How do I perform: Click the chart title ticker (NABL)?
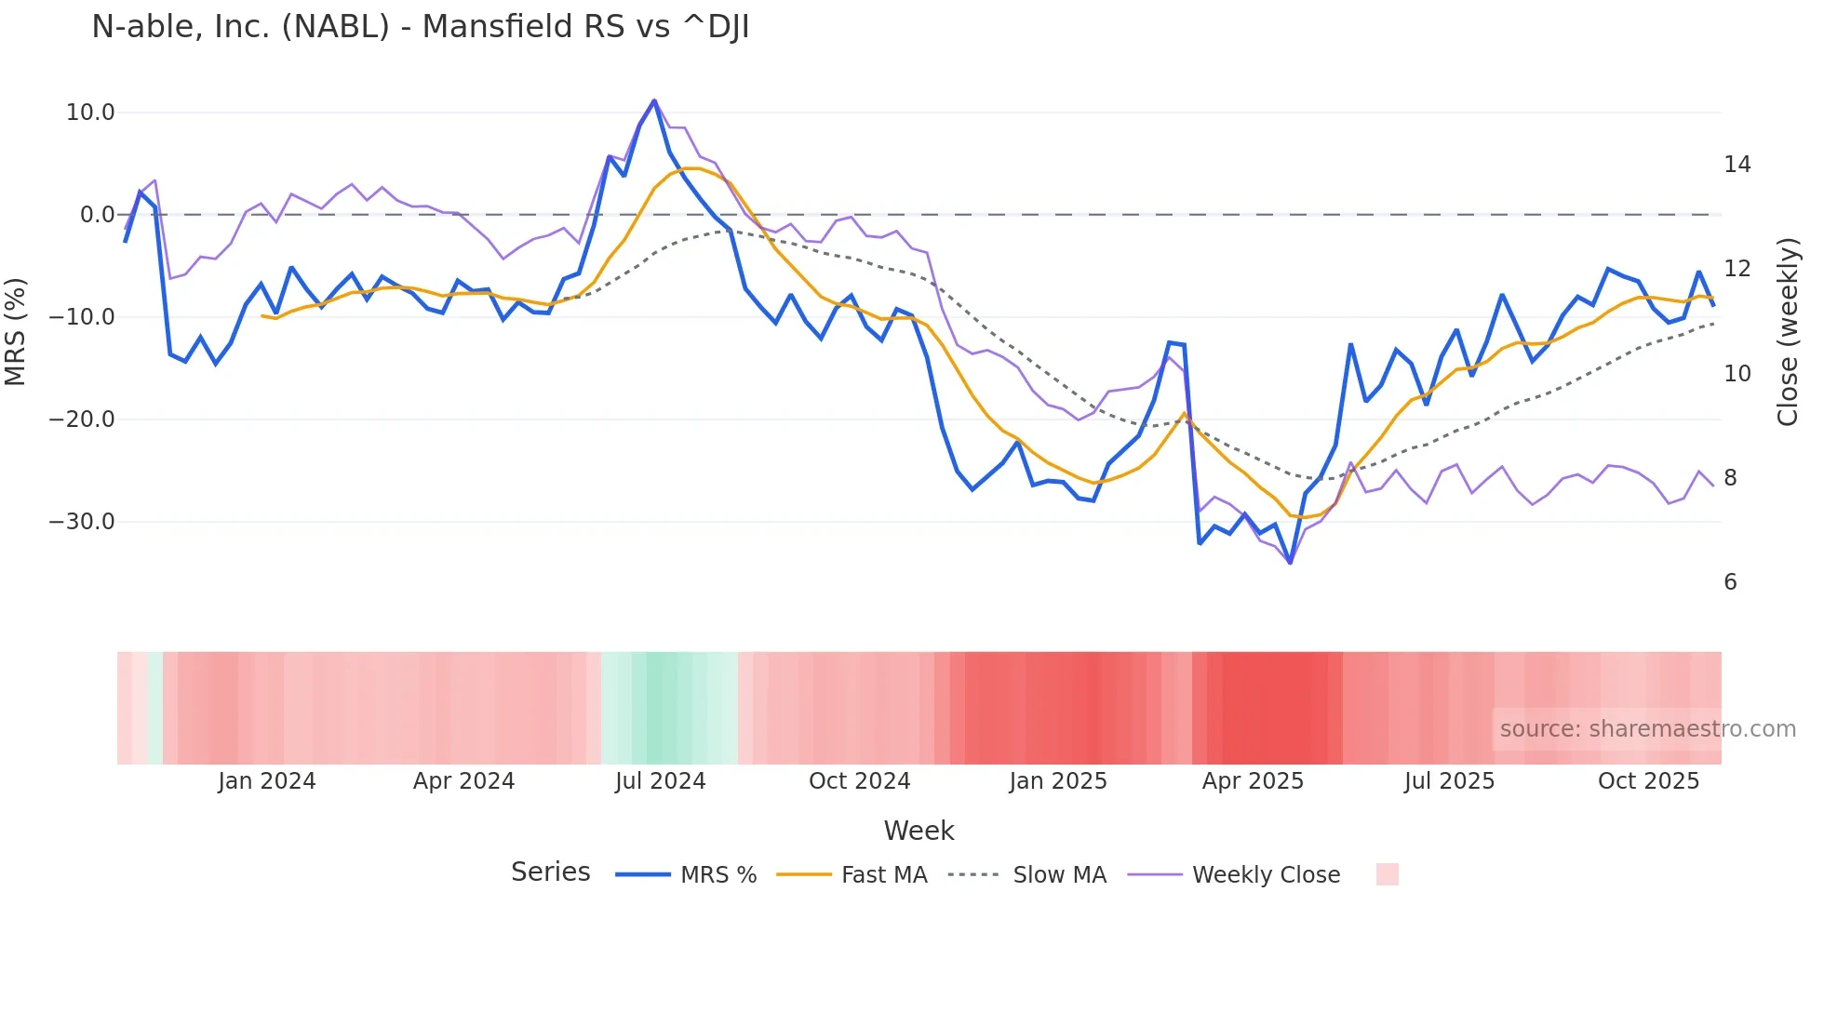[336, 27]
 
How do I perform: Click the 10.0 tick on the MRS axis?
[90, 113]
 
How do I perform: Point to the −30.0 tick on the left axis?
[82, 522]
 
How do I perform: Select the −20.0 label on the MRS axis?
[82, 419]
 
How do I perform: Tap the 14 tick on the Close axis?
[1737, 165]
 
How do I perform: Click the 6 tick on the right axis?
[1730, 582]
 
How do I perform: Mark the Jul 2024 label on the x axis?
[661, 781]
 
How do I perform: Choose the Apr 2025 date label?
[1253, 781]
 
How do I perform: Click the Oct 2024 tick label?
[859, 781]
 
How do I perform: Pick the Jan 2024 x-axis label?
[267, 781]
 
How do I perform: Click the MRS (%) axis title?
[16, 331]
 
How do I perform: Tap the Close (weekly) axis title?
[1788, 332]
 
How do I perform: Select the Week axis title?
[919, 831]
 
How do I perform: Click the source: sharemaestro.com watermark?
[1647, 729]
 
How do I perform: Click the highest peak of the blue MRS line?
[654, 100]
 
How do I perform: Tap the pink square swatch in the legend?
[1387, 874]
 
